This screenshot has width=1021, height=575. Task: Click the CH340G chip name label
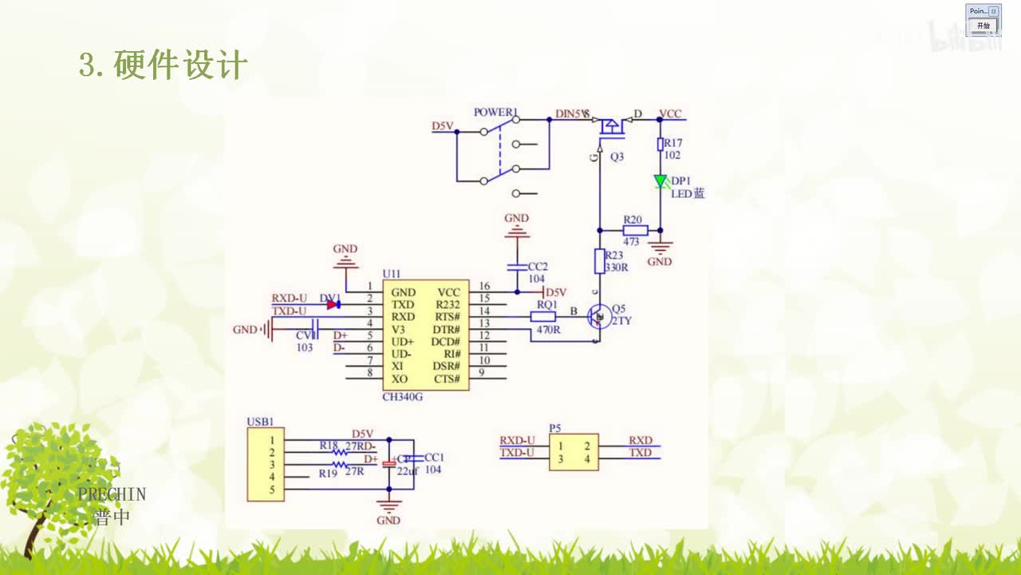click(x=403, y=397)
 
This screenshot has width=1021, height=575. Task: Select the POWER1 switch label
click(x=495, y=113)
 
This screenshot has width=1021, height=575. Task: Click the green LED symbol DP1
click(x=660, y=181)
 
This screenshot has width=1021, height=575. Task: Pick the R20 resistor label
click(x=633, y=219)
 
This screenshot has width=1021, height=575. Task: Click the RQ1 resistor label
click(x=546, y=304)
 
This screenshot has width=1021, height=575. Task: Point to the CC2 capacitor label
click(x=538, y=266)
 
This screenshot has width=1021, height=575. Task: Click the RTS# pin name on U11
click(x=447, y=317)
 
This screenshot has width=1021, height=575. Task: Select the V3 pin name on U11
click(x=399, y=329)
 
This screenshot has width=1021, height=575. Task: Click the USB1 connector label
click(x=260, y=422)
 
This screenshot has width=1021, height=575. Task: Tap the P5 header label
click(x=555, y=428)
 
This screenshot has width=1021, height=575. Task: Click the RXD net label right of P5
click(x=640, y=441)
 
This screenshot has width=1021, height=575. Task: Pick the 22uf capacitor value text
click(x=407, y=471)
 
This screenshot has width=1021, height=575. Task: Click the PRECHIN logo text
click(x=112, y=494)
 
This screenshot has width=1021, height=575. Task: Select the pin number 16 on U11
click(x=483, y=286)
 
